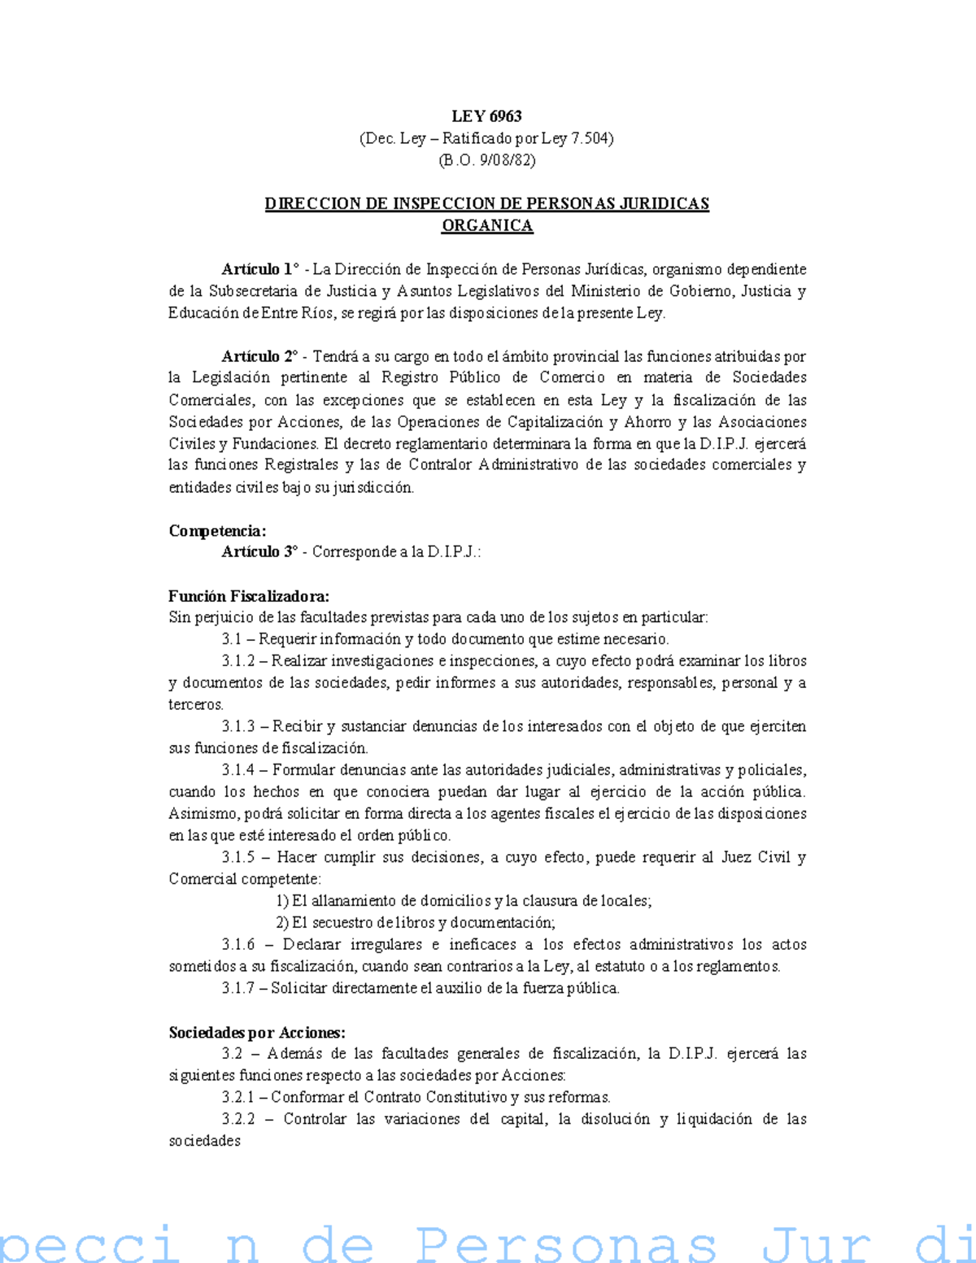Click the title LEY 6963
(486, 116)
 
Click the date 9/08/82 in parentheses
(505, 160)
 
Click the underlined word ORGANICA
(486, 225)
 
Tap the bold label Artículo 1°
(260, 269)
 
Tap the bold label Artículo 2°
(260, 356)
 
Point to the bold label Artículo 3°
(260, 552)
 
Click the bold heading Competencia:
(217, 531)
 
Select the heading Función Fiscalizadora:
(249, 596)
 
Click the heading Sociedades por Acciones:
(257, 1033)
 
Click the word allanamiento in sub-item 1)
(353, 901)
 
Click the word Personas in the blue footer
(566, 1244)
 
